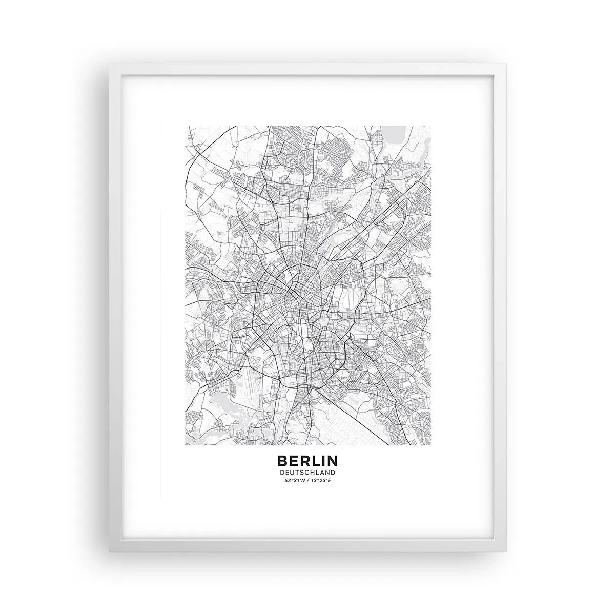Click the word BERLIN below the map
point(307,461)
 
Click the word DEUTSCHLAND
point(307,473)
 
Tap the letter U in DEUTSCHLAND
point(291,473)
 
